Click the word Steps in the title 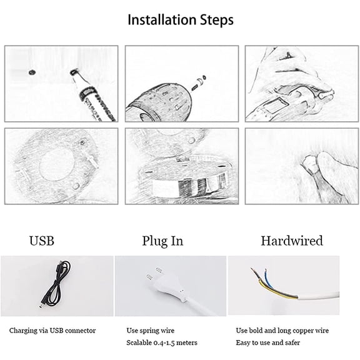[217, 21]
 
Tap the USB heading [42, 241]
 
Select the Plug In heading [162, 241]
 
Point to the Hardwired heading [292, 241]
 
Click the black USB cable [54, 285]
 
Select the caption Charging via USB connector [52, 331]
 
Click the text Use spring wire [151, 331]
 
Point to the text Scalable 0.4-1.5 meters [162, 342]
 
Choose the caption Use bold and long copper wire [282, 331]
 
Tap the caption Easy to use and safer [268, 342]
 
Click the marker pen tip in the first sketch [74, 72]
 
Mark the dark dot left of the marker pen [32, 72]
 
